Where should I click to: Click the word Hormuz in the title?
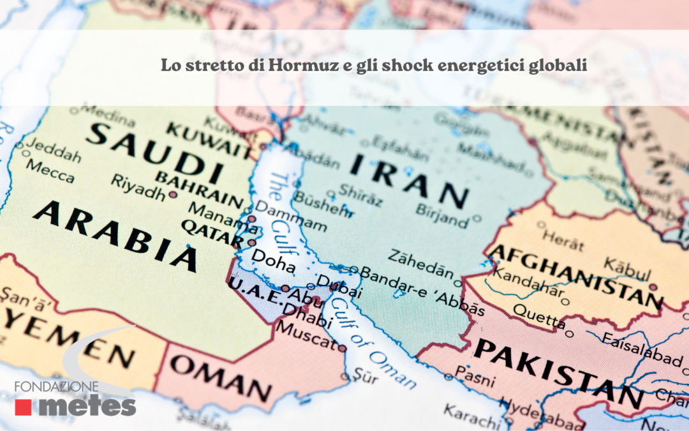(x=300, y=66)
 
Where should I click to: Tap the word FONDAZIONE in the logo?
(x=57, y=388)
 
